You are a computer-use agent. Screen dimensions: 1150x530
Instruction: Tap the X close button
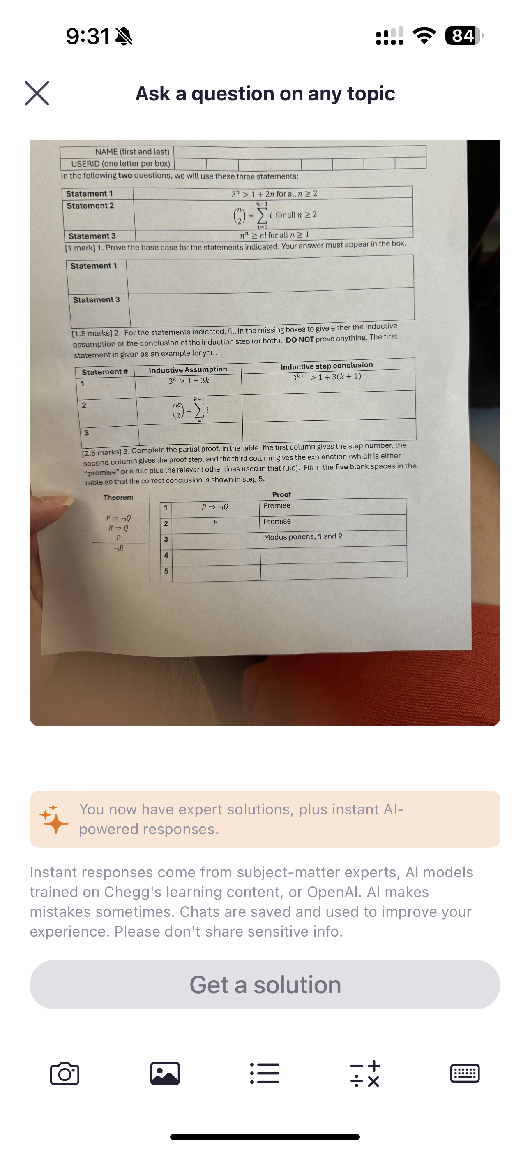pos(37,93)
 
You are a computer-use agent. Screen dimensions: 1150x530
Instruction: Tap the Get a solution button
pos(265,985)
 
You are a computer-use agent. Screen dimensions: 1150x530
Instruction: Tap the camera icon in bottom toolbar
pos(65,1073)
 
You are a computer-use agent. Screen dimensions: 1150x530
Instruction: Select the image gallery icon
pos(165,1073)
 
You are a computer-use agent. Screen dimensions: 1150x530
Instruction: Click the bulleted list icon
pos(265,1073)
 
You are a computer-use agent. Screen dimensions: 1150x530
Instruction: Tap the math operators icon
pos(365,1073)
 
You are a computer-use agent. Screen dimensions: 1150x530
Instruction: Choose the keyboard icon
pos(465,1073)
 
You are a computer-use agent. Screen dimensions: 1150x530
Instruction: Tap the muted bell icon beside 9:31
pos(124,37)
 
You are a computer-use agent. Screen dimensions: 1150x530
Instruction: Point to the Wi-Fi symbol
pos(424,36)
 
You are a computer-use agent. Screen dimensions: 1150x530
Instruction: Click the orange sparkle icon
pos(54,819)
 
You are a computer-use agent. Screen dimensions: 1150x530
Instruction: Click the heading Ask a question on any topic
pos(265,94)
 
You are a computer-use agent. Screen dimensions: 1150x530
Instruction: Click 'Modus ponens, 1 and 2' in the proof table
pos(303,537)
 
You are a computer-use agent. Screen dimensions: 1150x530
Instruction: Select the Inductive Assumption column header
pos(188,370)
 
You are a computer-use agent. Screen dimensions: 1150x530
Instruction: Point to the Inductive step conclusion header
pos(327,366)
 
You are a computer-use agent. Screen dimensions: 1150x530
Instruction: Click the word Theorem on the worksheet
pos(118,497)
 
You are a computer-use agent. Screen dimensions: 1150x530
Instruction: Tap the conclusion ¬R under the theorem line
pos(119,548)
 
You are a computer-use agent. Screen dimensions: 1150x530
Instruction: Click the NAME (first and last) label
pos(132,152)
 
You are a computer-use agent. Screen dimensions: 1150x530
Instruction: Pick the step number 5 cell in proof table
pos(166,571)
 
